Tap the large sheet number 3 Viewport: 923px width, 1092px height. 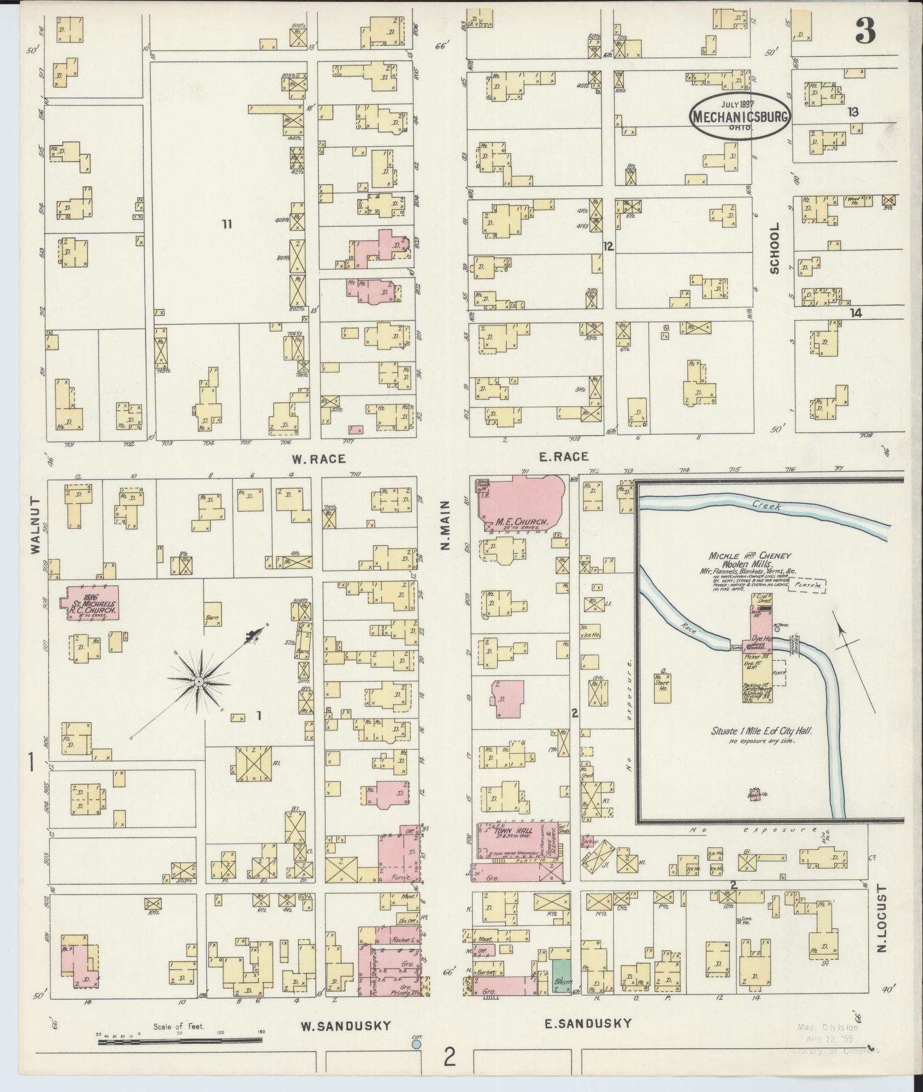point(866,30)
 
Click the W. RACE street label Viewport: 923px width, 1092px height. point(319,458)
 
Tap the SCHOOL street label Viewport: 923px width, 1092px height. point(774,248)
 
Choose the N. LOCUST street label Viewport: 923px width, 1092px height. point(881,917)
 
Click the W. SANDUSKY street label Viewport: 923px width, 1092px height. point(345,1025)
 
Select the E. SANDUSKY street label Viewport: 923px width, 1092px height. point(588,1023)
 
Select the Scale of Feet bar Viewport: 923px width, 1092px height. point(180,1040)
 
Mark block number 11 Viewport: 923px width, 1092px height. point(227,224)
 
